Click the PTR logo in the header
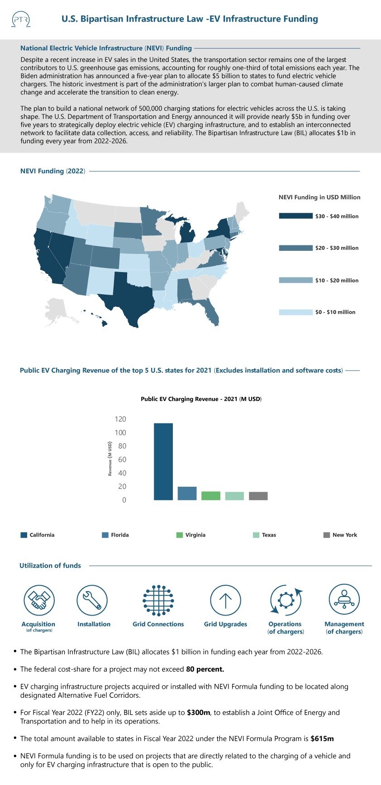[x=20, y=19]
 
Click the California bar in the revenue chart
[x=163, y=461]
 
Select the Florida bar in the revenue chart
[x=187, y=493]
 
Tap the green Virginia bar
[x=210, y=496]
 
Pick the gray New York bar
[x=258, y=496]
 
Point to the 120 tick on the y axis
[x=120, y=419]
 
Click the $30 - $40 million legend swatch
[x=295, y=216]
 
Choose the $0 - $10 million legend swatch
[x=295, y=312]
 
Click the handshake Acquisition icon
[x=39, y=600]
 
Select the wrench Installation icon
[x=92, y=600]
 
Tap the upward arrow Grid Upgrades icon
[x=225, y=600]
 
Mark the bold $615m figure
[x=322, y=739]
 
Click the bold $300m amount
[x=198, y=713]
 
